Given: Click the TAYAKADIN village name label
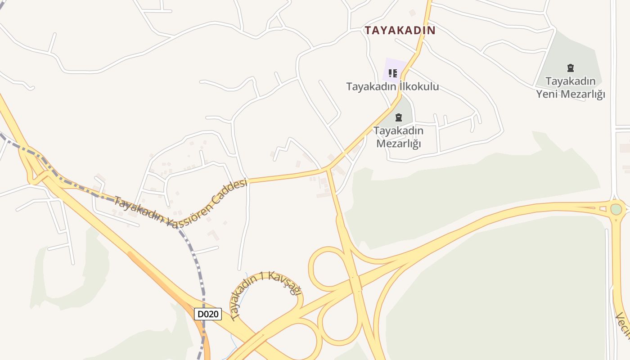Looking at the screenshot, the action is [x=400, y=31].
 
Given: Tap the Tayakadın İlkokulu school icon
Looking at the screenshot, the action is [x=393, y=73].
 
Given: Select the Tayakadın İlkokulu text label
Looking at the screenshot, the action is [x=392, y=86].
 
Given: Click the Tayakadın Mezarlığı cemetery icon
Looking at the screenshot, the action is [x=398, y=118].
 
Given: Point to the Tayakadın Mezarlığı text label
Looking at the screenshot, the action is [x=398, y=137].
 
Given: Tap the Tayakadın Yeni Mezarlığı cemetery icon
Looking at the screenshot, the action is [x=571, y=68].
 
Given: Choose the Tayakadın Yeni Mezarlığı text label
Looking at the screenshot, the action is [x=571, y=88].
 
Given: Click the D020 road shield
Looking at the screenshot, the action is [x=208, y=314].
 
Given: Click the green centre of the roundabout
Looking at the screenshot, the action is [x=616, y=209].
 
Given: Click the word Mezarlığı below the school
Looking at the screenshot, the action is [x=398, y=144].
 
